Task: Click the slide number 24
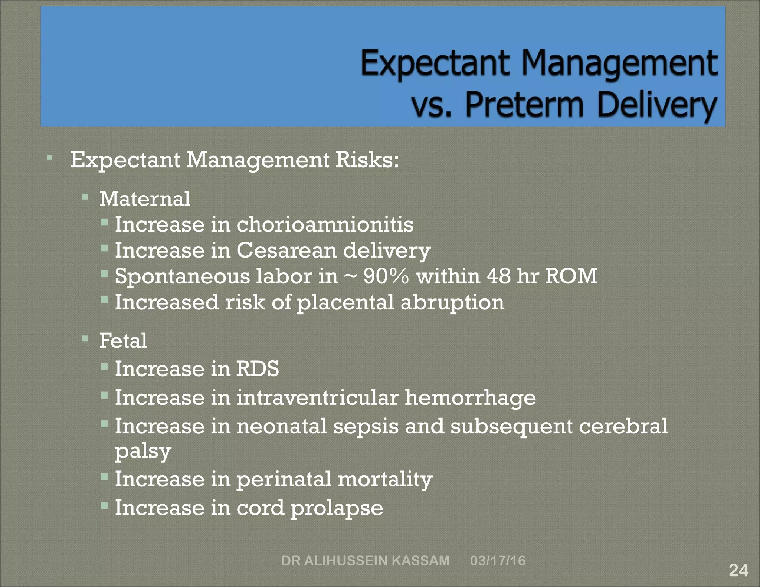pyautogui.click(x=738, y=570)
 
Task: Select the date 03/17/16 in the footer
pyautogui.click(x=498, y=560)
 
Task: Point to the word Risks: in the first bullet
pyautogui.click(x=367, y=160)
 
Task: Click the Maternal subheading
pyautogui.click(x=145, y=199)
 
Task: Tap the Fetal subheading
pyautogui.click(x=123, y=341)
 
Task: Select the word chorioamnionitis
pyautogui.click(x=325, y=225)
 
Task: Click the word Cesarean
pyautogui.click(x=286, y=250)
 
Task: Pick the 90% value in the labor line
pyautogui.click(x=386, y=276)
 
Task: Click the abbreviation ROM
pyautogui.click(x=571, y=276)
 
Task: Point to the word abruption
pyautogui.click(x=452, y=302)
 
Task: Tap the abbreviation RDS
pyautogui.click(x=258, y=369)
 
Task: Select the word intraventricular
pyautogui.click(x=317, y=398)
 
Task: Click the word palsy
pyautogui.click(x=143, y=452)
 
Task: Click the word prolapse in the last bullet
pyautogui.click(x=337, y=508)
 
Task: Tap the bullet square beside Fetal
pyautogui.click(x=85, y=338)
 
